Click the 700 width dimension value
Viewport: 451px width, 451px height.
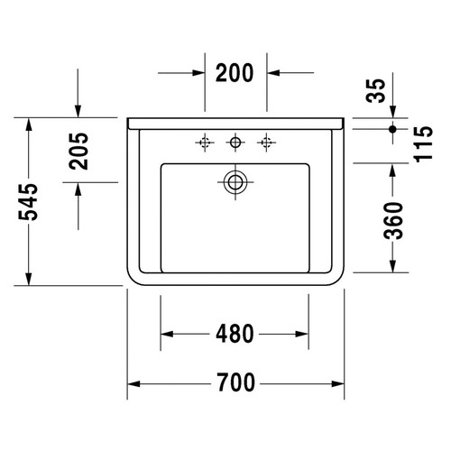pos(235,384)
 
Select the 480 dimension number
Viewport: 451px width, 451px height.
pos(235,334)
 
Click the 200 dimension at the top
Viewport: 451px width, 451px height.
pos(235,72)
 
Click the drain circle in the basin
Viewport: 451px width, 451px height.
pos(235,180)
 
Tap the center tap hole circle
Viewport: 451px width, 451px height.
pos(235,141)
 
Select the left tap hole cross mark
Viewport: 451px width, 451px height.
pos(205,141)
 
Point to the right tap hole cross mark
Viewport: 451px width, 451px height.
pos(266,141)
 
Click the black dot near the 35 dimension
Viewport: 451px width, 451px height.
pos(392,130)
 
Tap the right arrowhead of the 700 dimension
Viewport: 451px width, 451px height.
pos(339,384)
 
